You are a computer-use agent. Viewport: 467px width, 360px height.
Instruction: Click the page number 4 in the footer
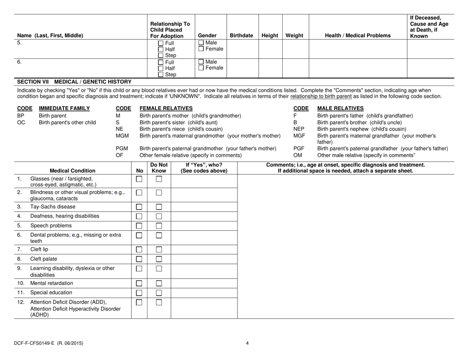(x=247, y=343)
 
